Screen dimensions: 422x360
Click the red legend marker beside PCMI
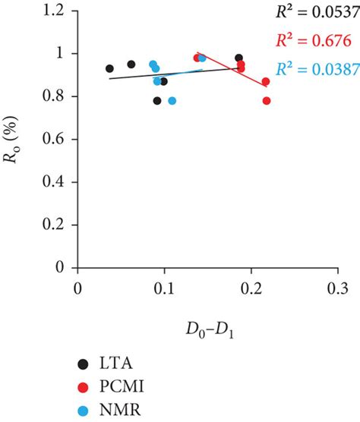click(x=83, y=386)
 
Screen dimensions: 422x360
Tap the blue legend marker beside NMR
click(x=83, y=410)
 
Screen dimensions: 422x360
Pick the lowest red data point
click(x=267, y=101)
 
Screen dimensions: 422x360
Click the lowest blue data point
click(x=172, y=101)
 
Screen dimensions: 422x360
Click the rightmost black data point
click(x=239, y=58)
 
